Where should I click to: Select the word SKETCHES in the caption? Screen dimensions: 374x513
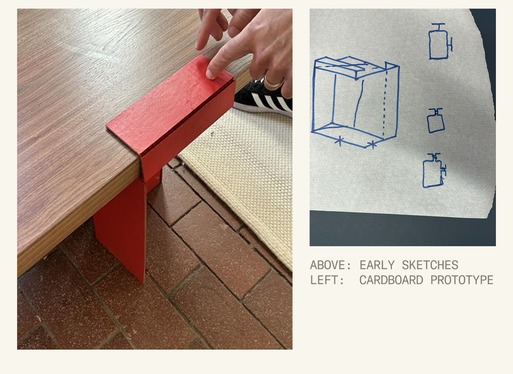coord(431,265)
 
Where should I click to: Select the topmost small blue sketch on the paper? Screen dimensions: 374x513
coord(440,42)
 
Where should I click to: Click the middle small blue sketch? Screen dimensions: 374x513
coord(436,121)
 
